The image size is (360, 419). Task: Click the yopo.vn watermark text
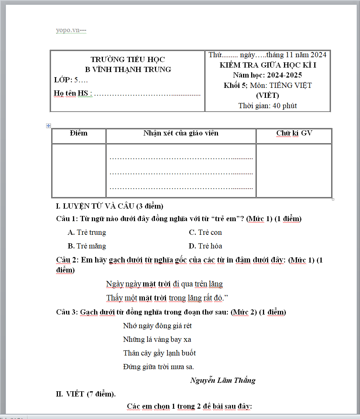[x=71, y=30]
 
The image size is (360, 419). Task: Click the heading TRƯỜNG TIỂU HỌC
[x=128, y=59]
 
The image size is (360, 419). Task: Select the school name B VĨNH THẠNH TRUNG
[x=128, y=69]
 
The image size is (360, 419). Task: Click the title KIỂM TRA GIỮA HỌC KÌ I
[x=268, y=65]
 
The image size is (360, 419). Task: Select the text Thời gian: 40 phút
[x=268, y=106]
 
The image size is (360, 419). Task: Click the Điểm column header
[x=79, y=133]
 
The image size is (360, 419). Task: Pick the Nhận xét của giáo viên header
[x=181, y=133]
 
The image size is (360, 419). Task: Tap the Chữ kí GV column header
[x=294, y=133]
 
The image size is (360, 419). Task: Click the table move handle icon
[x=48, y=126]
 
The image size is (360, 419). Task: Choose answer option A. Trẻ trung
[x=87, y=233]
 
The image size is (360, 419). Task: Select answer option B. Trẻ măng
[x=87, y=246]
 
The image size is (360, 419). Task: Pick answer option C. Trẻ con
[x=205, y=233]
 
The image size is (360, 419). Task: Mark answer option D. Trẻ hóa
[x=205, y=246]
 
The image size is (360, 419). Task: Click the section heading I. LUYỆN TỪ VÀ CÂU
[x=110, y=206]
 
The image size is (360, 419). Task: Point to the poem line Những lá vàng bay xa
[x=157, y=340]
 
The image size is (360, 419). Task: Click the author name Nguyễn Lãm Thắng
[x=223, y=380]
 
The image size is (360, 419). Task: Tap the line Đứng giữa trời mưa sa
[x=159, y=367]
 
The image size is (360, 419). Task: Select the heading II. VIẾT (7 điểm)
[x=86, y=394]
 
